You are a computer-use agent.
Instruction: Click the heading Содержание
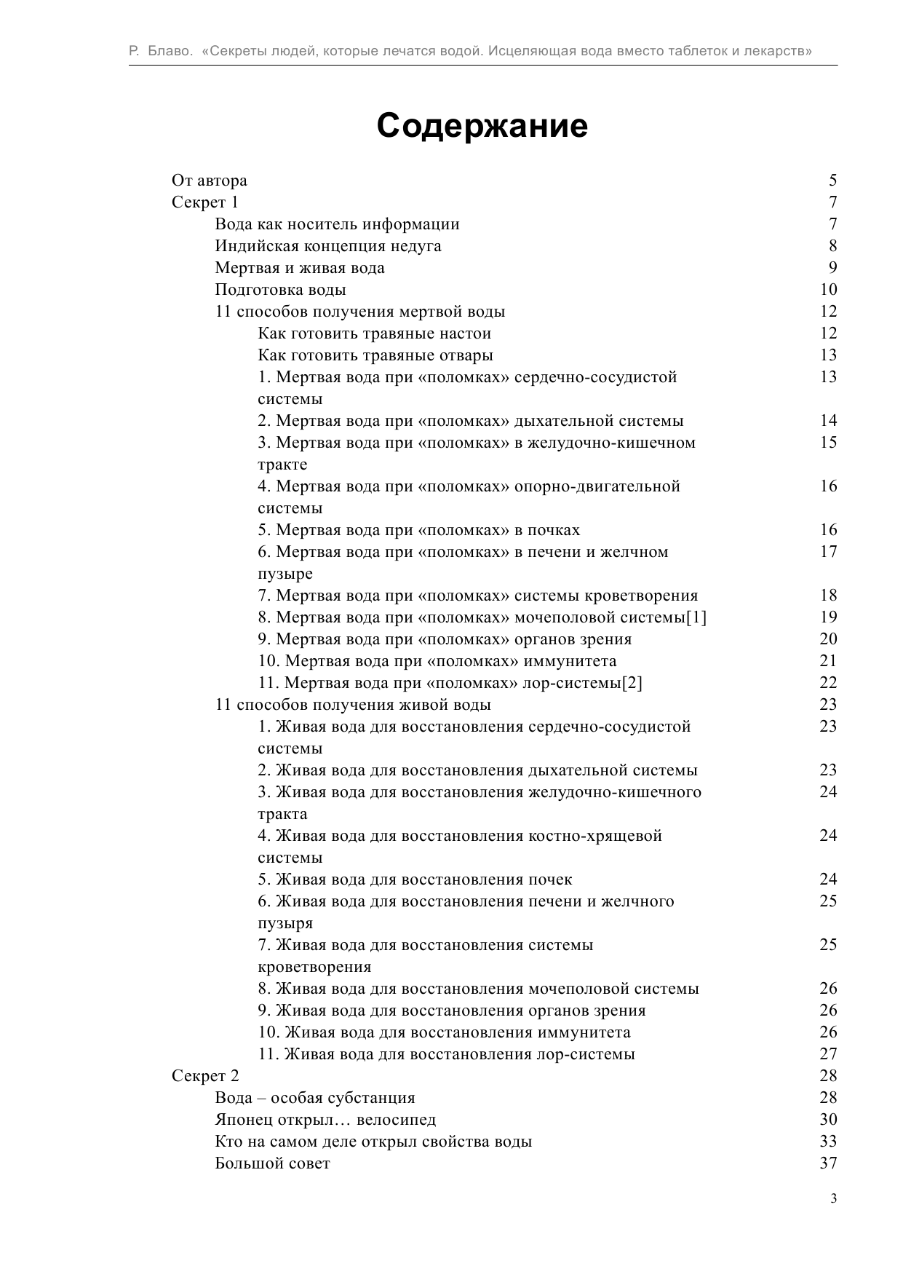[x=482, y=126]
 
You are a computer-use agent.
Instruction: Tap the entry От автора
[x=209, y=181]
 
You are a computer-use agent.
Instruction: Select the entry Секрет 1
[x=204, y=202]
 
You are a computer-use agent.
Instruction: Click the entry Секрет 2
[x=204, y=1076]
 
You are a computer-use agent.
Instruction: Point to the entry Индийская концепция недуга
[x=327, y=246]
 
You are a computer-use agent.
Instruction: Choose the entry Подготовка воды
[x=280, y=290]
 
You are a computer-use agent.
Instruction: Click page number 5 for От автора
[x=832, y=181]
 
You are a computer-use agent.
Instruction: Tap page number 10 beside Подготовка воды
[x=828, y=290]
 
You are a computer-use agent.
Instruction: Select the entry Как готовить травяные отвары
[x=375, y=355]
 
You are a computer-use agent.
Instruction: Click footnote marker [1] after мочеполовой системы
[x=696, y=617]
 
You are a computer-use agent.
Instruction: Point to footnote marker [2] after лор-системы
[x=632, y=683]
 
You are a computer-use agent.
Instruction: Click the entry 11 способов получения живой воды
[x=353, y=705]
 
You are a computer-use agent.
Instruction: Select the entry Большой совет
[x=272, y=1163]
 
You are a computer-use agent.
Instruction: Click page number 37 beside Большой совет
[x=828, y=1163]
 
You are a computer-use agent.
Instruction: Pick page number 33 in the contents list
[x=828, y=1142]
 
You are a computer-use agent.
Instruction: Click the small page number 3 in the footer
[x=833, y=1199]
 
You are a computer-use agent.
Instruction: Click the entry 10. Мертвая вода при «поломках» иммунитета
[x=437, y=661]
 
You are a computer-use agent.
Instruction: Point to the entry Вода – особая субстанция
[x=314, y=1098]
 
